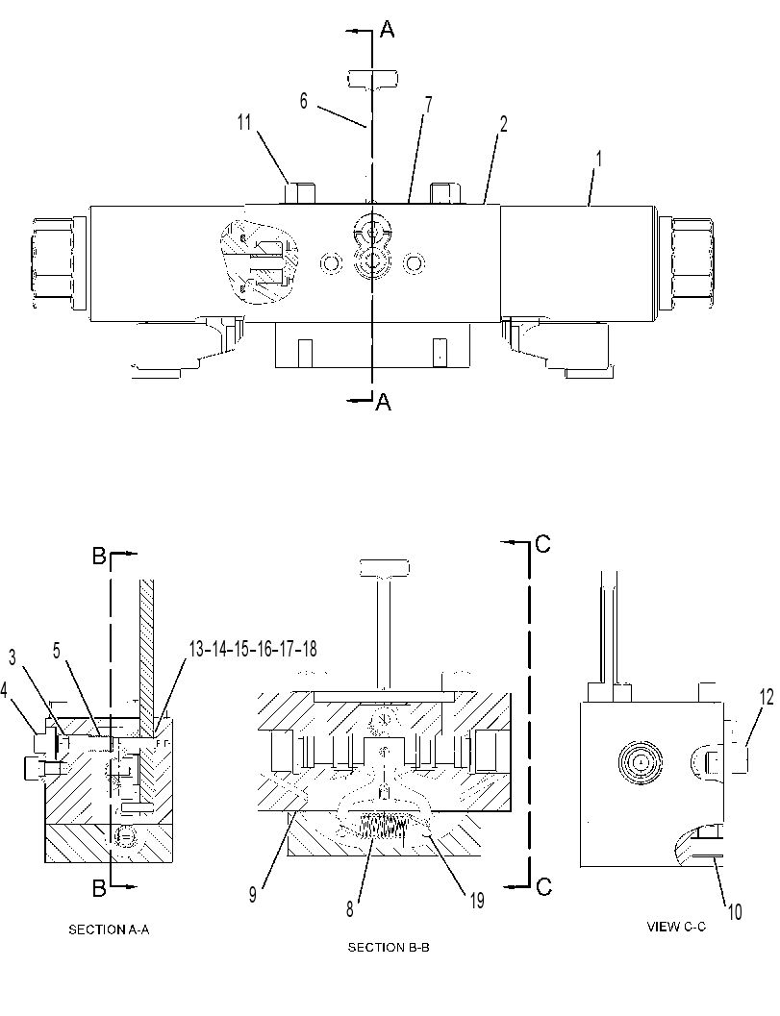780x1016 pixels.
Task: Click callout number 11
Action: pos(243,122)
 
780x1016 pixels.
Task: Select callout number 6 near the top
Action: pos(304,102)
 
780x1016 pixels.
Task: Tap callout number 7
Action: pos(428,106)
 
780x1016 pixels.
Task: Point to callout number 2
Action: pos(503,124)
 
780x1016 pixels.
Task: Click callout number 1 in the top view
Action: pos(598,159)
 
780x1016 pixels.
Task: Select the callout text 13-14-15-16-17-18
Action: pos(253,648)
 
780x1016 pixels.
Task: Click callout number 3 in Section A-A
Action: pos(13,657)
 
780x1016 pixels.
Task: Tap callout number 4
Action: pos(5,690)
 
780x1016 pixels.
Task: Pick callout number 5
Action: pos(57,651)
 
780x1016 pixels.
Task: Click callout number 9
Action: pos(252,895)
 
